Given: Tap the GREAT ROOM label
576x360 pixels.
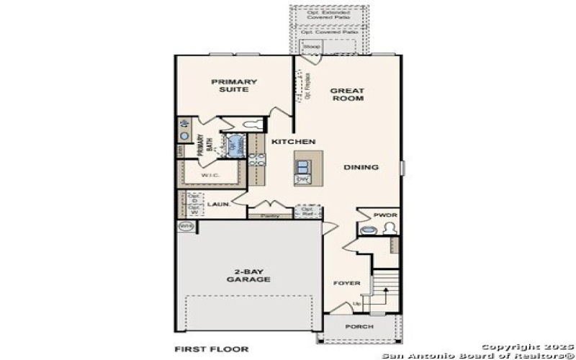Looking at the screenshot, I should coord(347,94).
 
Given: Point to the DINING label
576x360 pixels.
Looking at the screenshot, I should coord(361,167).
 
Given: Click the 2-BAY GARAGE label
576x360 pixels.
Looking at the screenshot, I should coord(248,276).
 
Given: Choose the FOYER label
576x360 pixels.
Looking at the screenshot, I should coord(346,283).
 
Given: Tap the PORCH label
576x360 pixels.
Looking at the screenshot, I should coord(359,326).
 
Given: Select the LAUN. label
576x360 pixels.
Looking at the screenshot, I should coord(218,204).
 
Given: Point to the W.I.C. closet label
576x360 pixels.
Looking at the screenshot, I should coord(210,175).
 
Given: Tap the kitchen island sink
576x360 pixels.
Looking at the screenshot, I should coord(303,162).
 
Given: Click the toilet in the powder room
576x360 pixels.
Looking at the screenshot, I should coord(390,229).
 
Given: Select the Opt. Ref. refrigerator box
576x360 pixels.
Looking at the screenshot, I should coord(307,211).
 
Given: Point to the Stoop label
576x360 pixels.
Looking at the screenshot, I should coord(311,47).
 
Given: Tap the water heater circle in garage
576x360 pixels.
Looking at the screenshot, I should coord(185,226).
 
